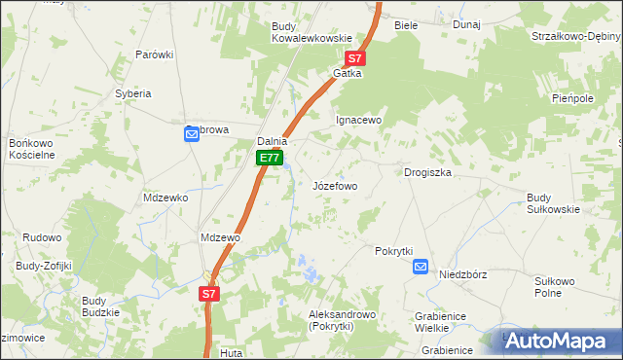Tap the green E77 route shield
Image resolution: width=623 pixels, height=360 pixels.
tap(271, 158)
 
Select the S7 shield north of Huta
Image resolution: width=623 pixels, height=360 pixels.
tap(210, 293)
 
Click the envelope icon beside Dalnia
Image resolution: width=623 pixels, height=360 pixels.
tap(192, 135)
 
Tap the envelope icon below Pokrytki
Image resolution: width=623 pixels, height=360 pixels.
tap(421, 267)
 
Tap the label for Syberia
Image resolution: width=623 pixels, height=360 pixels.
tap(133, 93)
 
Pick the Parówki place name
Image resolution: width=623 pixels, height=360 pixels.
tap(154, 54)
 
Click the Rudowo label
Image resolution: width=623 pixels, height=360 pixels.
tap(42, 236)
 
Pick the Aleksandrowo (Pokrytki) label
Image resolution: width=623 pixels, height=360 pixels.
tap(342, 321)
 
